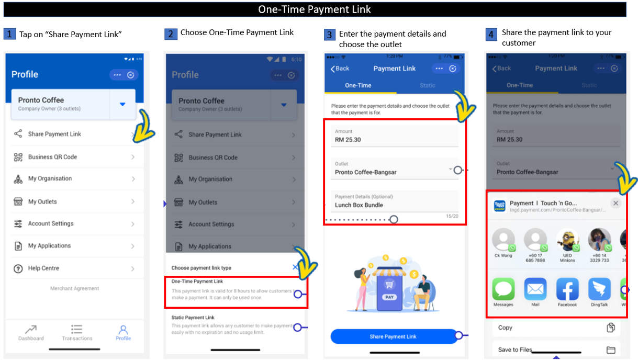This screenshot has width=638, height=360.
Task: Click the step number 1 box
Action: click(x=9, y=35)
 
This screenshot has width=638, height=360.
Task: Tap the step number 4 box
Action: click(x=491, y=35)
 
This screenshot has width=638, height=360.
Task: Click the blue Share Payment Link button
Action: click(x=393, y=336)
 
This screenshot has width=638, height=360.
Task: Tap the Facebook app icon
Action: click(x=567, y=289)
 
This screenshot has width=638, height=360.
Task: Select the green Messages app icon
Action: click(x=503, y=289)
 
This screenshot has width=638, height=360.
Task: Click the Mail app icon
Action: click(x=535, y=289)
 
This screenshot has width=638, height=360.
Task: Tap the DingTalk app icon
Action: click(x=599, y=289)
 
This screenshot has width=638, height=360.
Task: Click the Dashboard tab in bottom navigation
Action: click(x=31, y=332)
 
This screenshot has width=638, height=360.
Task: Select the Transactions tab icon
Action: click(x=77, y=329)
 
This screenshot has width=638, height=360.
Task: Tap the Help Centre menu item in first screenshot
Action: click(x=43, y=268)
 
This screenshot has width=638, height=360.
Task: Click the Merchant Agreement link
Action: click(x=74, y=288)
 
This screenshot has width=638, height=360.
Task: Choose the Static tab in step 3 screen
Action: click(x=428, y=85)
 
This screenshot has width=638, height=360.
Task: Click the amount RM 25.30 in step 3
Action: click(x=348, y=140)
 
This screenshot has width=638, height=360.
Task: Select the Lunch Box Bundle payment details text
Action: click(x=359, y=205)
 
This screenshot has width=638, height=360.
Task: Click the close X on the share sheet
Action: click(x=615, y=203)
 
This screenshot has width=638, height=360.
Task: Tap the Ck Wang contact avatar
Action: click(x=503, y=240)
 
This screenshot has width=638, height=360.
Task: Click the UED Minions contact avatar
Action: click(x=567, y=240)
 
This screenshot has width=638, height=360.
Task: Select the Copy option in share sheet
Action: click(x=506, y=328)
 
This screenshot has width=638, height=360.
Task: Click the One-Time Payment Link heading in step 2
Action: click(x=197, y=282)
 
